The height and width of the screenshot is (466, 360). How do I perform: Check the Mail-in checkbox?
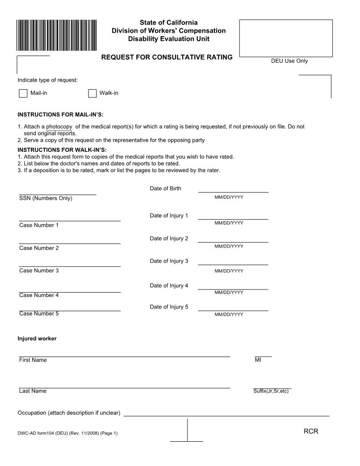point(23,93)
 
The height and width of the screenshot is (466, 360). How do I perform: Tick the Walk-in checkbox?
point(92,93)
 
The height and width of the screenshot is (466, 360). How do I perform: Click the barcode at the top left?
point(57,36)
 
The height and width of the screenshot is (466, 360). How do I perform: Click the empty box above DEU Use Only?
point(286,38)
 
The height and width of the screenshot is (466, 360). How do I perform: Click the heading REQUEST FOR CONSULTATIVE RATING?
point(167,57)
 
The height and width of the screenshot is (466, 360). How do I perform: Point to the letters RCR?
point(311,432)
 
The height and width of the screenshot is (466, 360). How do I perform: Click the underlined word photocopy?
point(59,127)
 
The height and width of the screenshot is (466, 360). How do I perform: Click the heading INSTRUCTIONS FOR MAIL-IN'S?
point(60,115)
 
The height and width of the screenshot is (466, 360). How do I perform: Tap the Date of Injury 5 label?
point(169,307)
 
